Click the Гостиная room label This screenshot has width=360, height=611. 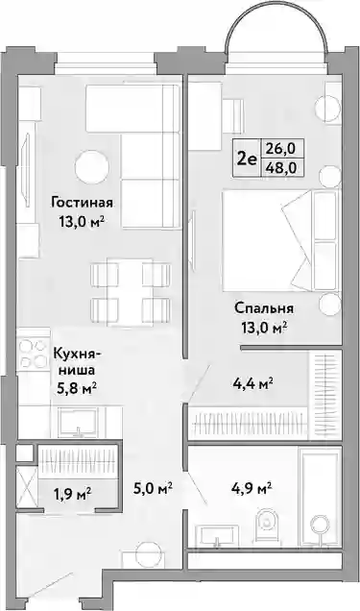[x=83, y=203]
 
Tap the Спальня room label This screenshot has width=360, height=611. [x=264, y=308]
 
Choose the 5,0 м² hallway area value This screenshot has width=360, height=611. [x=154, y=488]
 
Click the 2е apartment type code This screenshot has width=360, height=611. [x=247, y=159]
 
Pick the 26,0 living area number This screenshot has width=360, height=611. [x=281, y=149]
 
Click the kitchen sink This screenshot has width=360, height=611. [x=79, y=422]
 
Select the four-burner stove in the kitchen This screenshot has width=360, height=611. [x=33, y=354]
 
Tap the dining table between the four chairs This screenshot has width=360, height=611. [x=130, y=291]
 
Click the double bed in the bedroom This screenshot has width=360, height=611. [x=280, y=240]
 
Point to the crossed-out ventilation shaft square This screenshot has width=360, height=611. [x=27, y=486]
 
